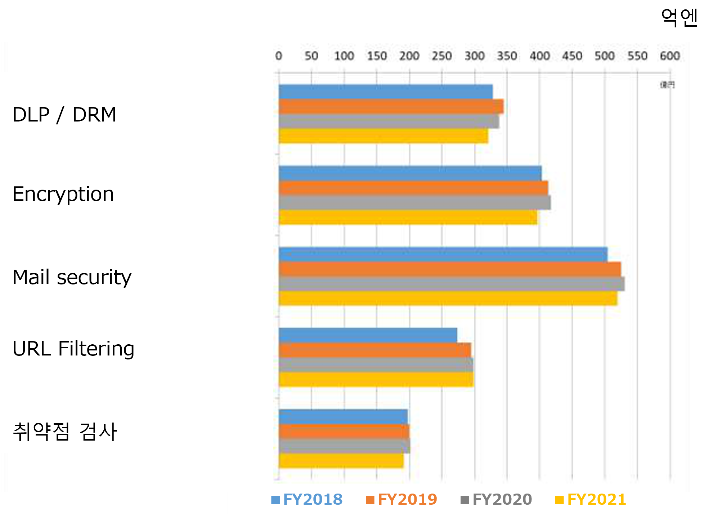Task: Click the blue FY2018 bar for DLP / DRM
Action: point(385,92)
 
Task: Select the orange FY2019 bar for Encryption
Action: point(413,188)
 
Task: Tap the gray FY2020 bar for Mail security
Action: point(451,284)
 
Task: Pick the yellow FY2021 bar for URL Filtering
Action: point(376,380)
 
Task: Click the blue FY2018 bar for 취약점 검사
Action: point(343,416)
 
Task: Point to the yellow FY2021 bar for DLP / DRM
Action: point(383,136)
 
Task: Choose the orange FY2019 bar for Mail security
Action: point(449,269)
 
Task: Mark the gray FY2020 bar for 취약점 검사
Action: point(344,446)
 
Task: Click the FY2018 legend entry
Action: point(307,500)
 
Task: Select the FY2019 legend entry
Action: point(402,500)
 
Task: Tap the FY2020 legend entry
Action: point(496,500)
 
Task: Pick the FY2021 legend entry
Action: point(591,500)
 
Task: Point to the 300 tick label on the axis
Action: point(474,56)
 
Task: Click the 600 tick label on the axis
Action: point(670,56)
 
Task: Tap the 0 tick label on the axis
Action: point(279,56)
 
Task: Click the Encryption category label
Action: point(63,194)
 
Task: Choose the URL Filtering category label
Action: point(73,349)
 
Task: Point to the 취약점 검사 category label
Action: point(65,432)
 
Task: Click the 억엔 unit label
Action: point(679,18)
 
